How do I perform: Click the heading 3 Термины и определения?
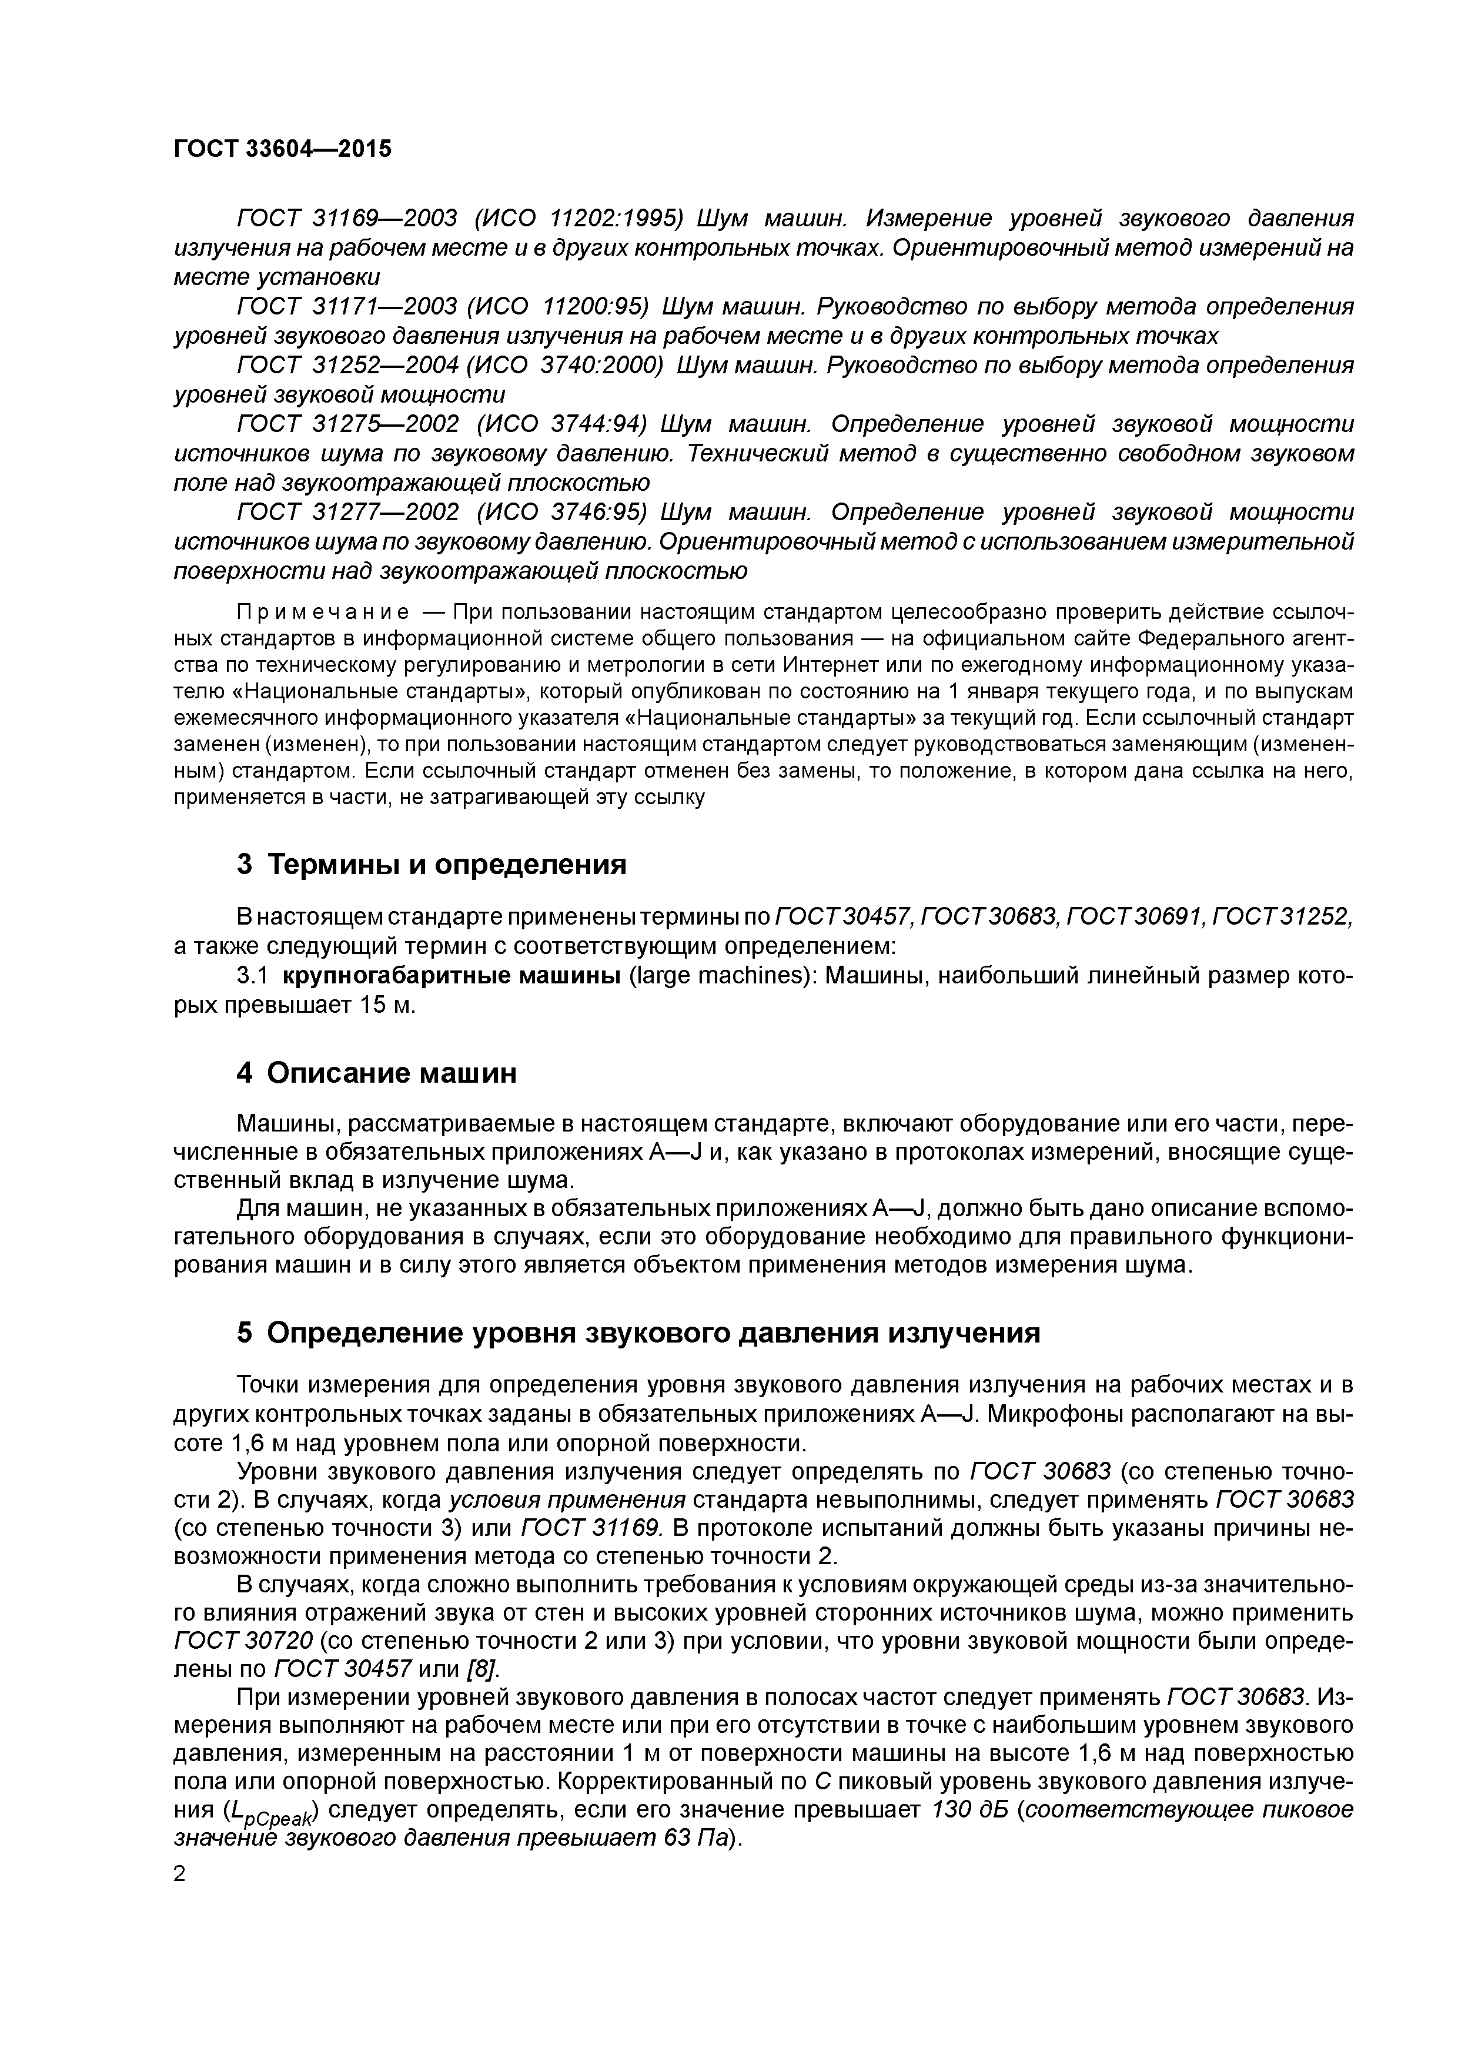[431, 864]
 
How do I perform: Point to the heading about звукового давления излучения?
[638, 1333]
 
